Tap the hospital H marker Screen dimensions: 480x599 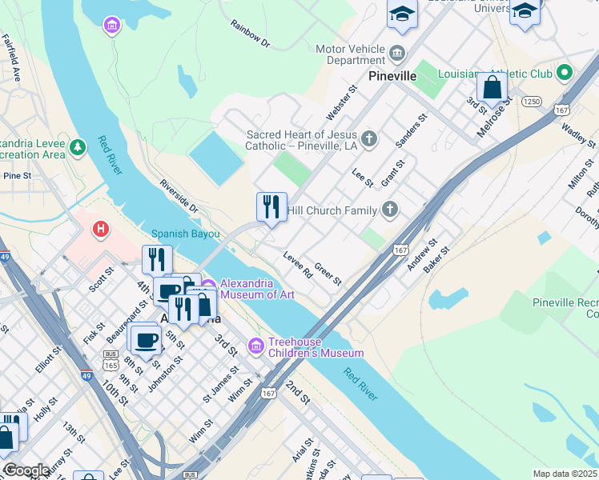tap(101, 230)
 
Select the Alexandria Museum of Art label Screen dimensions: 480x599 tap(247, 289)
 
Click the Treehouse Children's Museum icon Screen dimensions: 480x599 tap(256, 346)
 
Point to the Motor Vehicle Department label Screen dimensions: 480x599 tap(350, 54)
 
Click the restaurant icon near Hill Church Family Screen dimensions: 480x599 tap(271, 207)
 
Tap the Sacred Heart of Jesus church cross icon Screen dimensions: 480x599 tap(369, 140)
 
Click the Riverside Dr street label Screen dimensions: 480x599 tap(178, 195)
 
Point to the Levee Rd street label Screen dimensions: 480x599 tap(298, 265)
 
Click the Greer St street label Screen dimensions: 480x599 tap(328, 274)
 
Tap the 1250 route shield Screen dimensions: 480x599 tap(531, 102)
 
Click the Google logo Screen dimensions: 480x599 tap(26, 470)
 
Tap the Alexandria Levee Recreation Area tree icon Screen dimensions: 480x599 tap(77, 147)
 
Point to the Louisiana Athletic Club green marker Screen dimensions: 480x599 tap(564, 73)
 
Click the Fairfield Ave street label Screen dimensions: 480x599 tap(10, 58)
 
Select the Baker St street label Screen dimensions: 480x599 tap(437, 259)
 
